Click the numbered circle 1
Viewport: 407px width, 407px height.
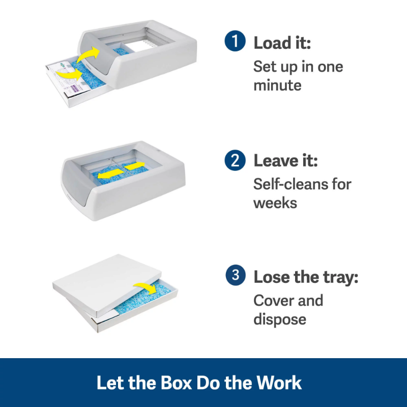pos(235,41)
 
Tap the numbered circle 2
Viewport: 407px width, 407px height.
pos(235,160)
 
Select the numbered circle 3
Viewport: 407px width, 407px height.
pos(236,275)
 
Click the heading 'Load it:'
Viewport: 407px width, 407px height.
pos(282,43)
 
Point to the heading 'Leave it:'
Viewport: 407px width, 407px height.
pos(285,161)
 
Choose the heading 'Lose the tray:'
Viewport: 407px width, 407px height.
pos(306,277)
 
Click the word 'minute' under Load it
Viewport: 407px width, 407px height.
pos(277,85)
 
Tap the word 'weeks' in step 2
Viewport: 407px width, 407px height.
pos(275,203)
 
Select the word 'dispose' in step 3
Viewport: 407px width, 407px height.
pos(280,319)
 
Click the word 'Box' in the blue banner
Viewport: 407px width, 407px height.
pos(176,383)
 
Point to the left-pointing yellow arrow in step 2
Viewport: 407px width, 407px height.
pos(111,173)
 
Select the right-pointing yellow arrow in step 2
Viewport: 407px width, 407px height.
pos(134,166)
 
